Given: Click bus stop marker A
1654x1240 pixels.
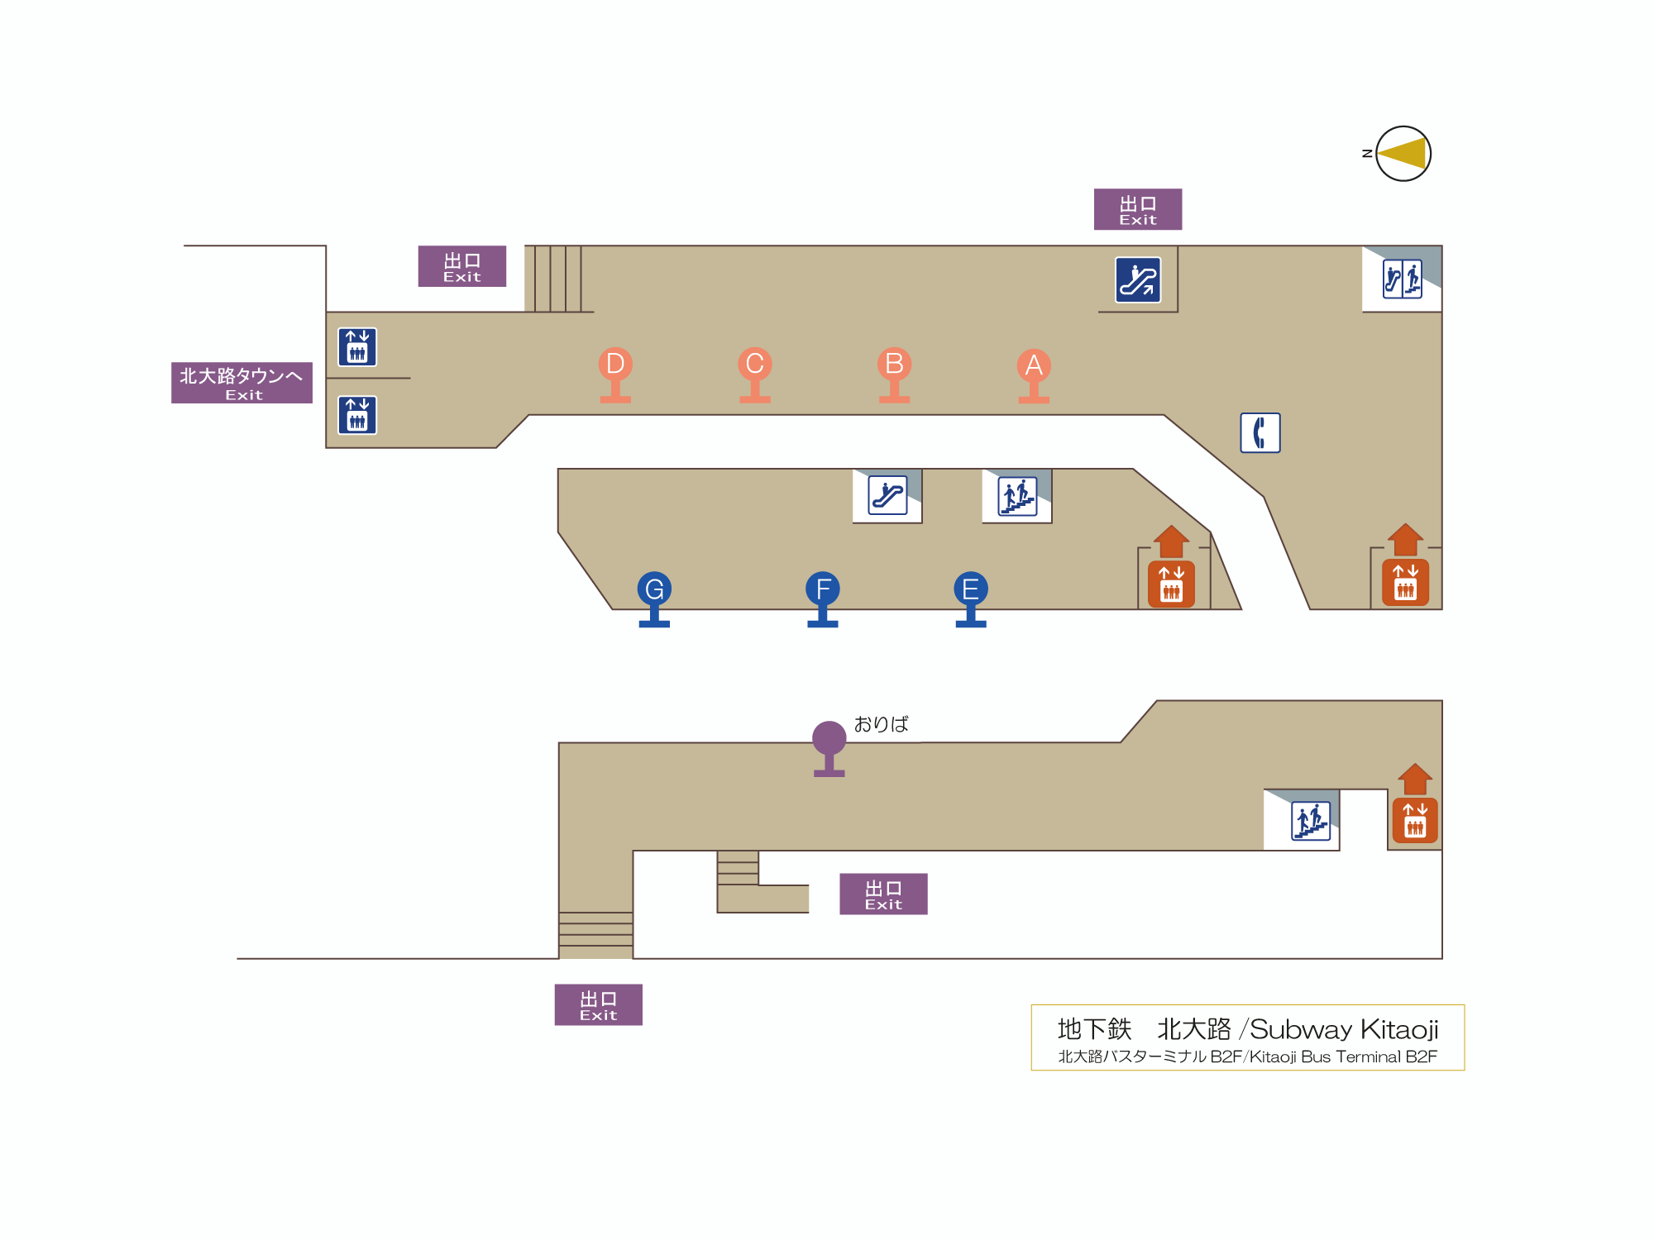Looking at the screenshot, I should pyautogui.click(x=1034, y=366).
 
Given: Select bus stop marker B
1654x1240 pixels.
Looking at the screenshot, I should pyautogui.click(x=894, y=365).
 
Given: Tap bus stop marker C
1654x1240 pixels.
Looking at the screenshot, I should pyautogui.click(x=754, y=365).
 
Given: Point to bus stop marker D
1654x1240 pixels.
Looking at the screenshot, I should pyautogui.click(x=615, y=365).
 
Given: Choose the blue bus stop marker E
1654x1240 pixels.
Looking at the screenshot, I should pyautogui.click(x=971, y=590).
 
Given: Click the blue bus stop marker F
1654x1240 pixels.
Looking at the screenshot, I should pyautogui.click(x=823, y=590).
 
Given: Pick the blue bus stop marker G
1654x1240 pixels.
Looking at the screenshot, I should pyautogui.click(x=654, y=590).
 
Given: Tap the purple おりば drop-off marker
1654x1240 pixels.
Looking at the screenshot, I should pyautogui.click(x=829, y=739).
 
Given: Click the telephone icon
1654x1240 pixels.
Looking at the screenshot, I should pyautogui.click(x=1260, y=432).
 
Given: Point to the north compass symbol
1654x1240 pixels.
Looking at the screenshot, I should pyautogui.click(x=1403, y=154).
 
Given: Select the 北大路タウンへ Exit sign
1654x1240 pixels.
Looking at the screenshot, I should pyautogui.click(x=241, y=383).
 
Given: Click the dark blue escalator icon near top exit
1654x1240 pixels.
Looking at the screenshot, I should pyautogui.click(x=1138, y=280).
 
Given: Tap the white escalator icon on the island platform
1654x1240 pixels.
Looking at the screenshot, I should pyautogui.click(x=887, y=495).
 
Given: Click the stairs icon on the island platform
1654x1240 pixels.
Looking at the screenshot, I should pyautogui.click(x=1017, y=496).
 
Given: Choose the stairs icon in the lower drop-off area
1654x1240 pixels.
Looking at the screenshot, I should pyautogui.click(x=1311, y=821).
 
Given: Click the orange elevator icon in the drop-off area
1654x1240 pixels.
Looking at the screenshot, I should pyautogui.click(x=1415, y=820).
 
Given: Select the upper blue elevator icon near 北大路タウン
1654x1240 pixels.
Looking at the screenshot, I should pyautogui.click(x=357, y=347).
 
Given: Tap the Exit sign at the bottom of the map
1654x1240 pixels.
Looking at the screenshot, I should pyautogui.click(x=598, y=1005).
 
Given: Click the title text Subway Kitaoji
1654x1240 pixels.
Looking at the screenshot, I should pyautogui.click(x=1343, y=1029).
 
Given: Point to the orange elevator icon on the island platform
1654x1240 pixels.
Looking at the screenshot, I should pyautogui.click(x=1171, y=584).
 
